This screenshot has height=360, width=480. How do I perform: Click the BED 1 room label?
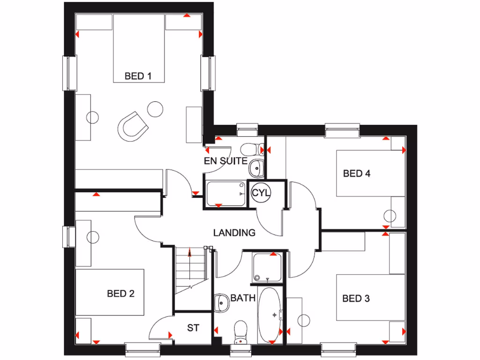[x=138, y=76]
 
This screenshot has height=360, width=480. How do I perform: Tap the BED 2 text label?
[x=120, y=294]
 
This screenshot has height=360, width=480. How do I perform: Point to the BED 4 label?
[x=357, y=174]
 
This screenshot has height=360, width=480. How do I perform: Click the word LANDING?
[x=234, y=232]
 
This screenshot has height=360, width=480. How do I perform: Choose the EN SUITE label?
[x=225, y=161]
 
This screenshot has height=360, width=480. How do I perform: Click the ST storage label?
[x=193, y=328]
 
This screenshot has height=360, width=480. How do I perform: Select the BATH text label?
[x=243, y=298]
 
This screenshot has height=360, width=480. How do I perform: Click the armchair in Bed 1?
[x=132, y=125]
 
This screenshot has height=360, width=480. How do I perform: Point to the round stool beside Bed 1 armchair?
[x=154, y=109]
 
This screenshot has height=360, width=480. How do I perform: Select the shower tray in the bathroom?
[x=267, y=268]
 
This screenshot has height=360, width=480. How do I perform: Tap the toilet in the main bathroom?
[x=240, y=331]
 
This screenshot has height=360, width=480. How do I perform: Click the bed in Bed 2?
[x=111, y=292]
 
